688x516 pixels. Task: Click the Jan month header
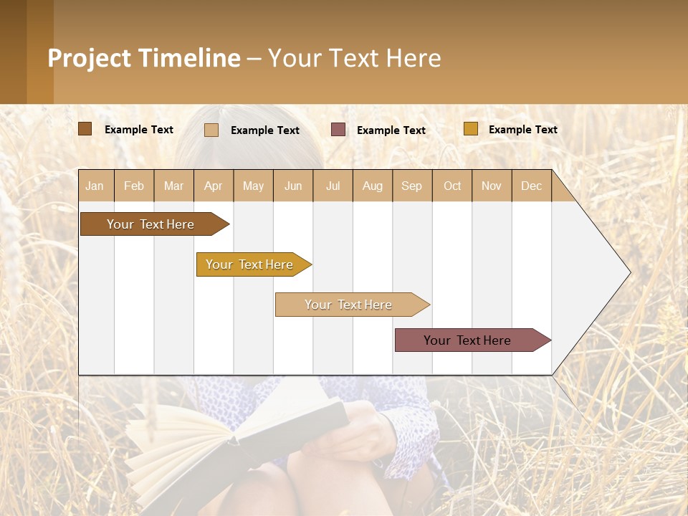click(x=95, y=186)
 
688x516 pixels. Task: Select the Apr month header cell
click(x=214, y=186)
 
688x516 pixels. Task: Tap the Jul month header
click(x=333, y=186)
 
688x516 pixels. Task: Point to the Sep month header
click(x=412, y=186)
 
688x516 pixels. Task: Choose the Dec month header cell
click(x=531, y=186)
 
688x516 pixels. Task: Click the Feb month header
click(x=134, y=186)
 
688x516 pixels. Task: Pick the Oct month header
click(x=452, y=186)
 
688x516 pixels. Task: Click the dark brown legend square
click(x=85, y=129)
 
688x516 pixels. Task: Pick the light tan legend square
click(x=211, y=130)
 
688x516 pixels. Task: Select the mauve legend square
click(x=338, y=130)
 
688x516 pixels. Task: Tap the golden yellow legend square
click(x=470, y=129)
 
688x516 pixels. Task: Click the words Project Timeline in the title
click(x=144, y=58)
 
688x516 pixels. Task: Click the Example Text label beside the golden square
click(x=522, y=130)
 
